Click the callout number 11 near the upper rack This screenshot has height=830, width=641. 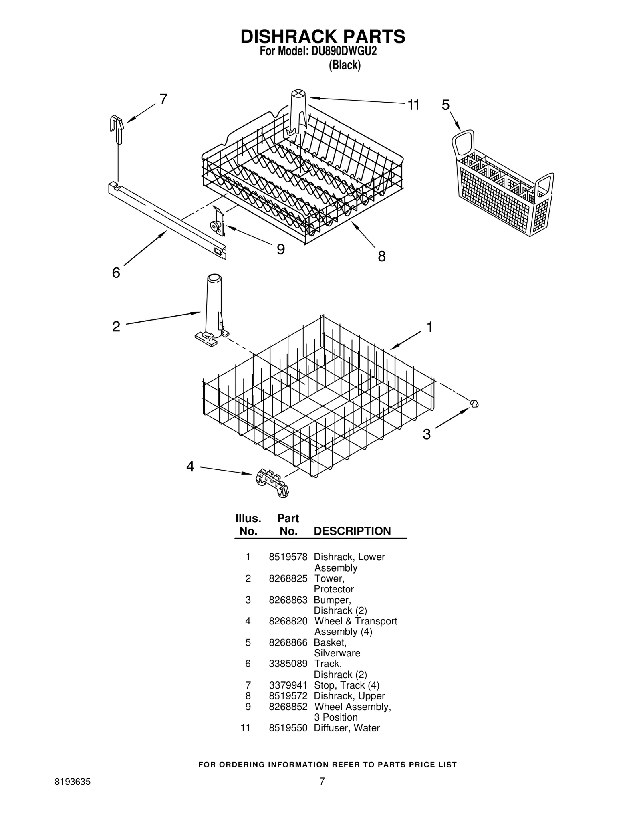pyautogui.click(x=413, y=105)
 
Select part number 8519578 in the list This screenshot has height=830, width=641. pyautogui.click(x=288, y=557)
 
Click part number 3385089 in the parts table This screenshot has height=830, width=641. pyautogui.click(x=288, y=664)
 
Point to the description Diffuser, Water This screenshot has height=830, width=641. pyautogui.click(x=347, y=728)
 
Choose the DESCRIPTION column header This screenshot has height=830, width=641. pyautogui.click(x=352, y=531)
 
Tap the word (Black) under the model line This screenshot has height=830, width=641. pyautogui.click(x=345, y=65)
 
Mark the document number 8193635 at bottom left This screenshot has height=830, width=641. pyautogui.click(x=72, y=782)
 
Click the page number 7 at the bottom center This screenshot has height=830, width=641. pyautogui.click(x=322, y=781)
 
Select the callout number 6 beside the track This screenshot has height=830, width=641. pyautogui.click(x=116, y=273)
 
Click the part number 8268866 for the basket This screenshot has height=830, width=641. pyautogui.click(x=288, y=642)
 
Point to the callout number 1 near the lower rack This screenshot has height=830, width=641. pyautogui.click(x=429, y=327)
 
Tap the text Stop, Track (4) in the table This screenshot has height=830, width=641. pyautogui.click(x=347, y=685)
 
